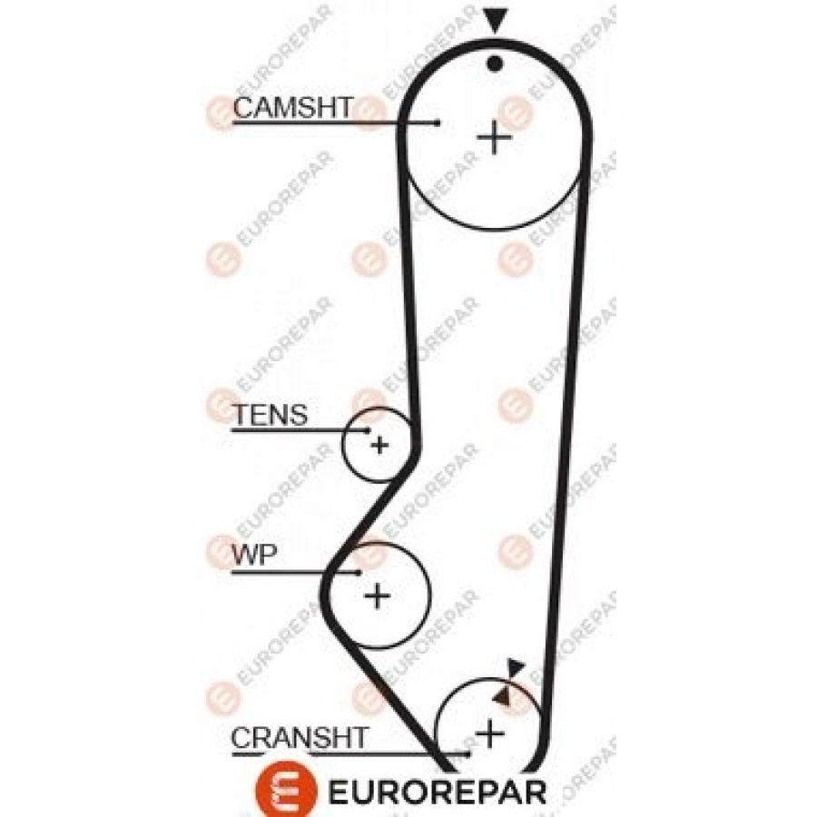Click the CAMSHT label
pos(291,107)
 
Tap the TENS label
pos(271,416)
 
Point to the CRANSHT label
pos(300,738)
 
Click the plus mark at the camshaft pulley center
pos(495,137)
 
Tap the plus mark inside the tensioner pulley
pos(379,444)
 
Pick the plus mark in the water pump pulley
pos(377,596)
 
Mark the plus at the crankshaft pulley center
pos(490,731)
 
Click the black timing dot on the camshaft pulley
pos(495,63)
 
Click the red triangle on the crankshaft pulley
pos(501,695)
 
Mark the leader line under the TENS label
pos(300,428)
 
